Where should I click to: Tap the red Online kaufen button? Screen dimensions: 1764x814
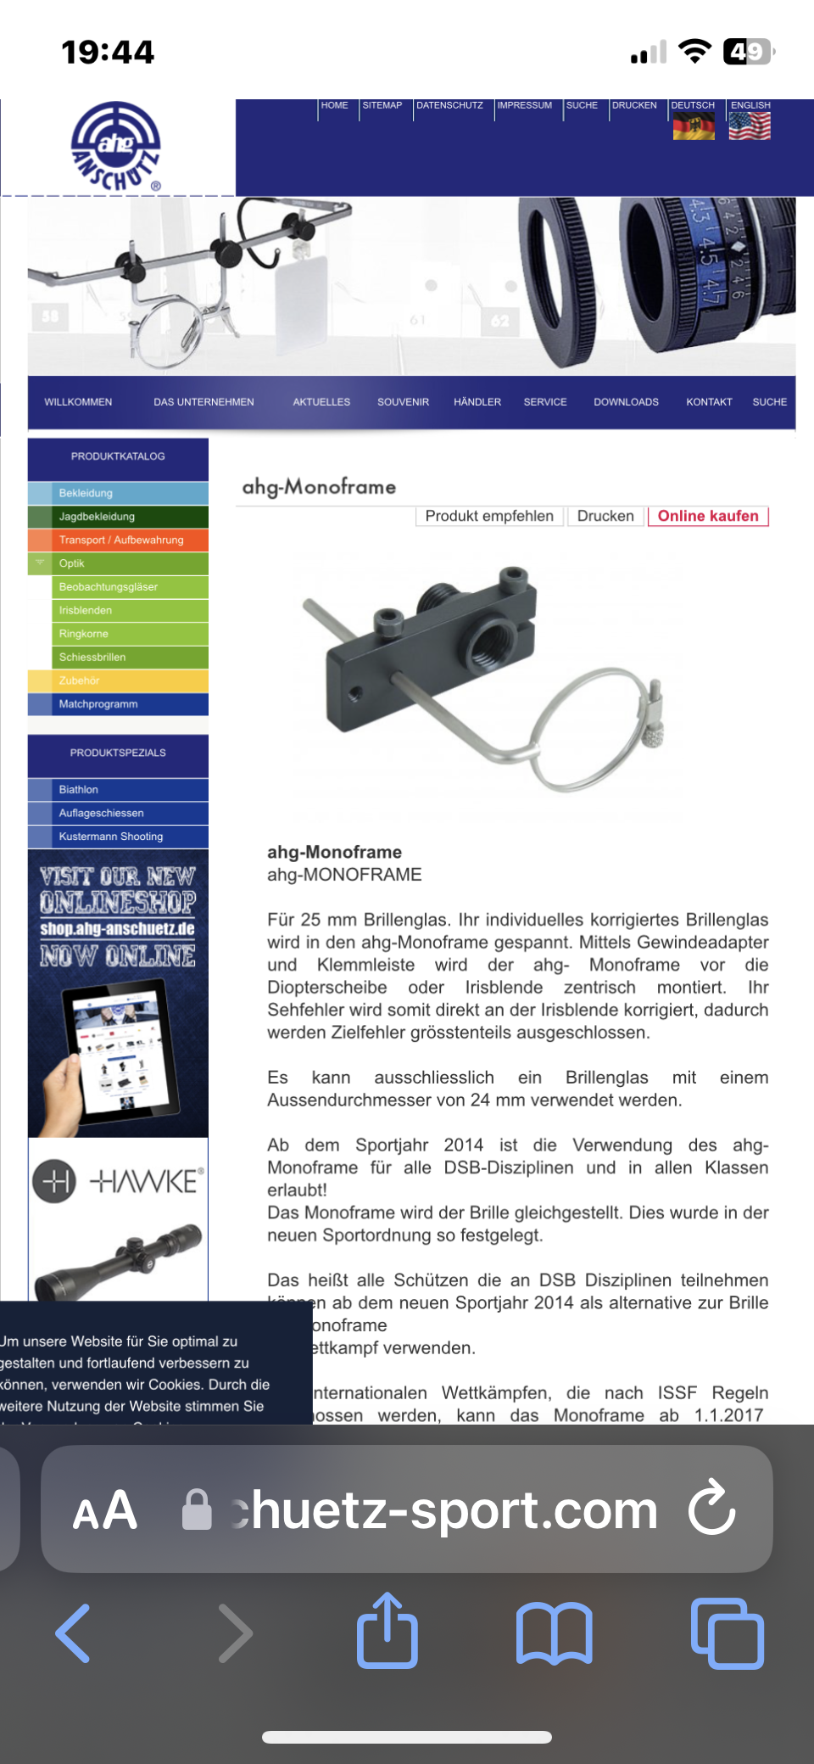(708, 516)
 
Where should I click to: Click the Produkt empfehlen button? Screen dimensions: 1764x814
(489, 516)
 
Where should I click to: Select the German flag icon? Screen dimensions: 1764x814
(693, 126)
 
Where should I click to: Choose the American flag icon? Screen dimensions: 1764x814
(750, 126)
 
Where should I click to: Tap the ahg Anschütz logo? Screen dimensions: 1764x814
(116, 147)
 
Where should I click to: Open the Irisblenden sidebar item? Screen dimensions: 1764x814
(86, 610)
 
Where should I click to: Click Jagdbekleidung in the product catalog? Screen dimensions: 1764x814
(97, 516)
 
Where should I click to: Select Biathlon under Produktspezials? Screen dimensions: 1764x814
(79, 789)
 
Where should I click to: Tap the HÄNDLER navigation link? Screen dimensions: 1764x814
(477, 402)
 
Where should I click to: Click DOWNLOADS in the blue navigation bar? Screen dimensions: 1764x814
(626, 402)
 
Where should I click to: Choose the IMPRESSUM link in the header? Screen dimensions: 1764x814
(524, 106)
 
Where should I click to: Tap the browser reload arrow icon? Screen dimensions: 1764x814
(711, 1508)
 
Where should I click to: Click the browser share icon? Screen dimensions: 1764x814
(387, 1631)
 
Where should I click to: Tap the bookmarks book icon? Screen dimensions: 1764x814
(554, 1632)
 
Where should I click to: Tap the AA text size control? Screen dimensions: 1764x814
(105, 1510)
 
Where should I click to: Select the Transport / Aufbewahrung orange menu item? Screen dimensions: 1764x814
(121, 540)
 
